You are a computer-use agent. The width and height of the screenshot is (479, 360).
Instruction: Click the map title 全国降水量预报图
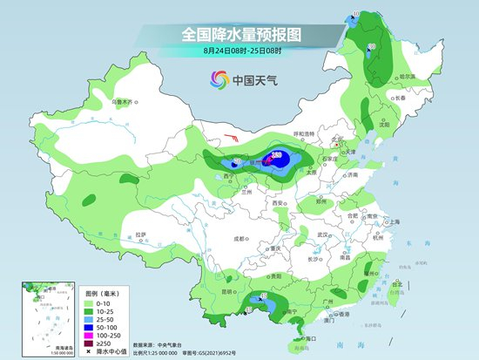pyautogui.click(x=239, y=34)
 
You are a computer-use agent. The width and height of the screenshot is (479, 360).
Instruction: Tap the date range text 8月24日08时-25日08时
pyautogui.click(x=239, y=53)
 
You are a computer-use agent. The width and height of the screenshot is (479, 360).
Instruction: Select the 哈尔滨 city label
pyautogui.click(x=405, y=78)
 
